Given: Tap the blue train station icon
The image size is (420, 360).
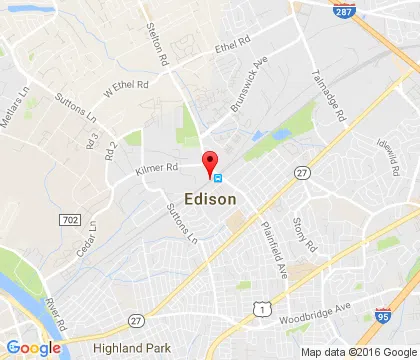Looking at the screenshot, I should point(219,182).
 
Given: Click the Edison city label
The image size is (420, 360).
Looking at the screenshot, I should point(211,199).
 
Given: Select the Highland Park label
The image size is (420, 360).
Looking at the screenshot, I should point(126,346).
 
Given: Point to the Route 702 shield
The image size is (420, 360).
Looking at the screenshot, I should point(70,218).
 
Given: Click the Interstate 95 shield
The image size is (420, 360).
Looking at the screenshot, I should point(382,314).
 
